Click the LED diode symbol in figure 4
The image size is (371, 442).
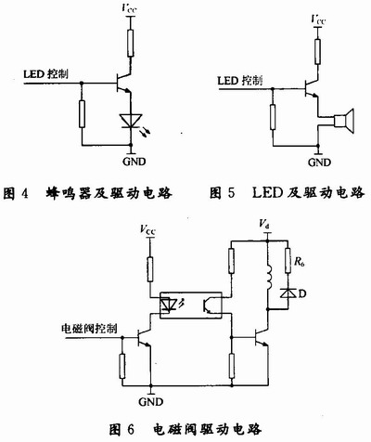point(131,121)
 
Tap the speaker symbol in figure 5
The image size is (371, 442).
point(343,121)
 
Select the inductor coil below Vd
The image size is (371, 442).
point(268,278)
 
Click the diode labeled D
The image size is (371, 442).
point(288,293)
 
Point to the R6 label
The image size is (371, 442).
point(299,263)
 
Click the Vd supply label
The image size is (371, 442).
point(263,223)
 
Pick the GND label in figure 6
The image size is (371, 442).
point(150,402)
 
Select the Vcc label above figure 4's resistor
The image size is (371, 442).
point(129,8)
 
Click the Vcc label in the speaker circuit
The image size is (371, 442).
point(318,19)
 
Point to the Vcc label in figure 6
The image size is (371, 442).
point(147,229)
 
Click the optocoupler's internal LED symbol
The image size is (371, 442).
point(169,305)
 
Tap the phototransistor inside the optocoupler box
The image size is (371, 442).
point(207,305)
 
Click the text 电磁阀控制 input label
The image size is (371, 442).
point(89,328)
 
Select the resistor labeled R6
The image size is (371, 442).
point(288,260)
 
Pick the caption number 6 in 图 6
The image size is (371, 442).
point(130,430)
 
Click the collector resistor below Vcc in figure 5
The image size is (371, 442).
point(317,52)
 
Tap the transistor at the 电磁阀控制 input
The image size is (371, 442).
point(144,338)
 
